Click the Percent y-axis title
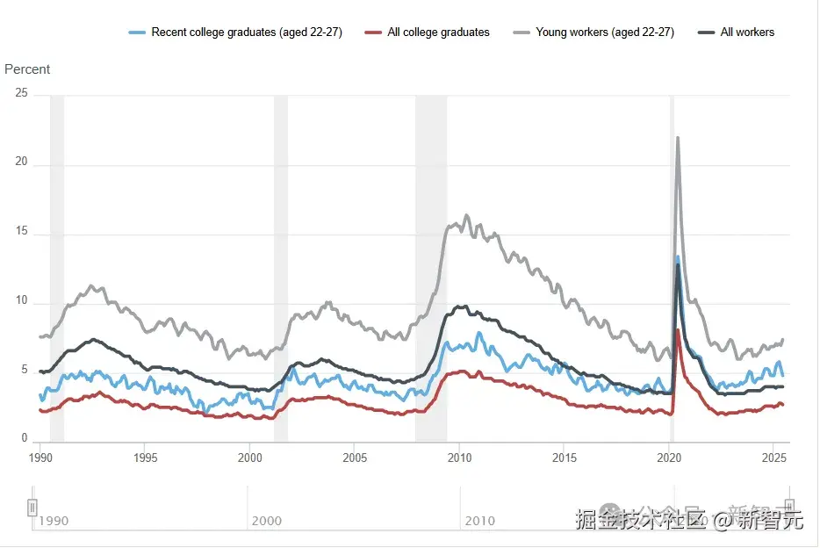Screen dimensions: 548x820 pos(27,69)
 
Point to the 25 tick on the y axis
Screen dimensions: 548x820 pos(22,93)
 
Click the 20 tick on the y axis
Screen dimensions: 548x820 pos(22,162)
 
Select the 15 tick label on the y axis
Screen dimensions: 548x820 pos(22,232)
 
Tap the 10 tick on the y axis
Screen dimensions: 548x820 pos(22,301)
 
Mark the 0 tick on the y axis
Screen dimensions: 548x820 pos(25,439)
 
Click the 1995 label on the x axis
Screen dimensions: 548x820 pos(146,458)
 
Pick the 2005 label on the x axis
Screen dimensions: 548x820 pos(355,458)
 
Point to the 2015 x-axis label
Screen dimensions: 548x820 pos(565,458)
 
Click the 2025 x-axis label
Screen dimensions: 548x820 pos(773,458)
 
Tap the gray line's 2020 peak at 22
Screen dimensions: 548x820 pos(678,138)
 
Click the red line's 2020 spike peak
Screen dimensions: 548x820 pos(678,330)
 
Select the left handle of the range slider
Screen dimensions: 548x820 pos(32,507)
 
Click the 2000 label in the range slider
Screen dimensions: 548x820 pos(267,521)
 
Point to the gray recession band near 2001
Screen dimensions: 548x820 pos(281,263)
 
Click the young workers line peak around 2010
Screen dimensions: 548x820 pos(466,215)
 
